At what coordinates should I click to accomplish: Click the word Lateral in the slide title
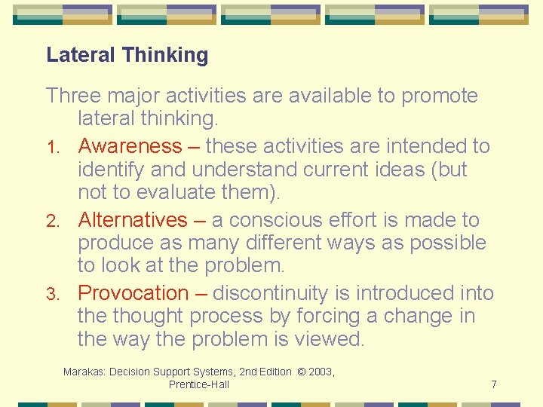pos(81,55)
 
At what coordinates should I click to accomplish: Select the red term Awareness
pos(130,145)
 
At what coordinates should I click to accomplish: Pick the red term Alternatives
pos(133,219)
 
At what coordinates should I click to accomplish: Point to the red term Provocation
pos(133,292)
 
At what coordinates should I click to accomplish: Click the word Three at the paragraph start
pos(72,96)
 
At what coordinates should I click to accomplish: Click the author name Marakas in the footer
pos(85,372)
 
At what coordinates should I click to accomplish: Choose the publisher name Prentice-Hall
pos(199,384)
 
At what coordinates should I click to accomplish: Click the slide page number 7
pos(493,384)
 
